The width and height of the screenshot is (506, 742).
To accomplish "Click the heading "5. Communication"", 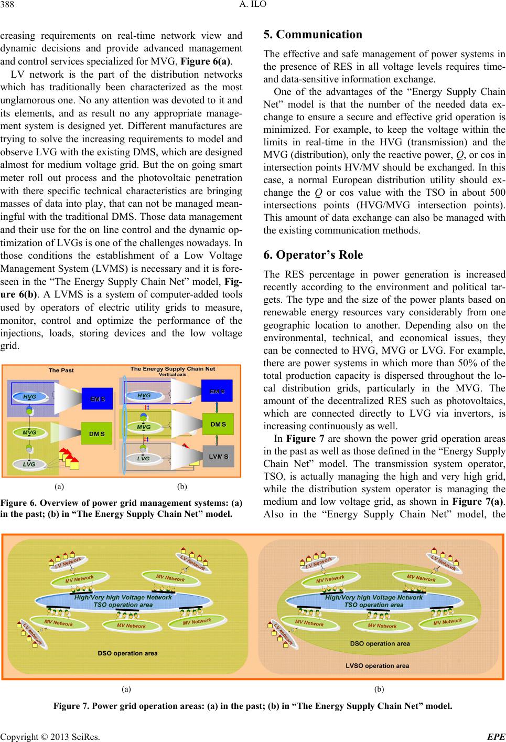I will point(313,35).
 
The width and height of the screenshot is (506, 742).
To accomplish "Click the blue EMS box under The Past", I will point(97,399).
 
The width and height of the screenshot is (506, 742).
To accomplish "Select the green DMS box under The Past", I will point(97,434).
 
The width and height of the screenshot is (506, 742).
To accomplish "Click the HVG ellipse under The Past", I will point(30,397).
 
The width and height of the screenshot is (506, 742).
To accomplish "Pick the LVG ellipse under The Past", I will point(29,464).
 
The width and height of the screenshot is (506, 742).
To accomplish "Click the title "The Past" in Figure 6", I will point(61,370).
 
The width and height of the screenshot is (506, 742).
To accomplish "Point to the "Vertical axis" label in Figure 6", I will point(173,375).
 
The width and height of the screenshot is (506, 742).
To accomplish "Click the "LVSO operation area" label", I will point(378,665).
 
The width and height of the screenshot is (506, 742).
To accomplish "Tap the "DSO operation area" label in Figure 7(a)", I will point(127,653).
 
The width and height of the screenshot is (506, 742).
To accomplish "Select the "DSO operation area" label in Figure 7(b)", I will point(380,643).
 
